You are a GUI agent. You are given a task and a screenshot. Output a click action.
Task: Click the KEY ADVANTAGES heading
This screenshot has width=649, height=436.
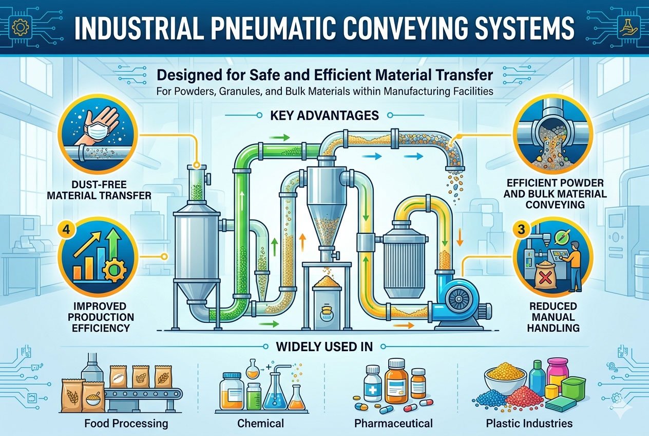(324, 115)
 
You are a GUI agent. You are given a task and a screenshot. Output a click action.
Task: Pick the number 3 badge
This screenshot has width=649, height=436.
(521, 230)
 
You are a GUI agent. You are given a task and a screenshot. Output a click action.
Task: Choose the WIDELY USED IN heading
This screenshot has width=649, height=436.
(324, 346)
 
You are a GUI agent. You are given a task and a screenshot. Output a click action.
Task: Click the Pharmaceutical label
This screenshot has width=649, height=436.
(393, 424)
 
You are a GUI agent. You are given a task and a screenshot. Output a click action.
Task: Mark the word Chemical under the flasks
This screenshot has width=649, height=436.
(260, 424)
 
